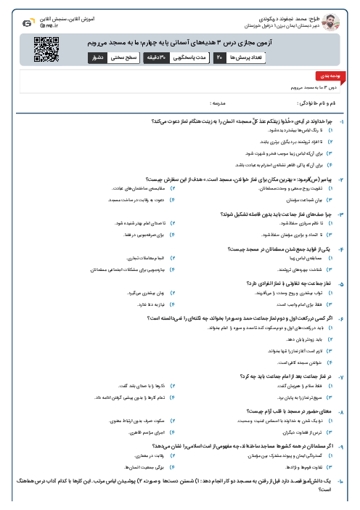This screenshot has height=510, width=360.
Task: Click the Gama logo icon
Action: [x=27, y=18]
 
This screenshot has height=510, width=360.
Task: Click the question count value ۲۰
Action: [x=219, y=57]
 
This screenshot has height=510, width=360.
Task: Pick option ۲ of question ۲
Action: [x=173, y=188]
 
